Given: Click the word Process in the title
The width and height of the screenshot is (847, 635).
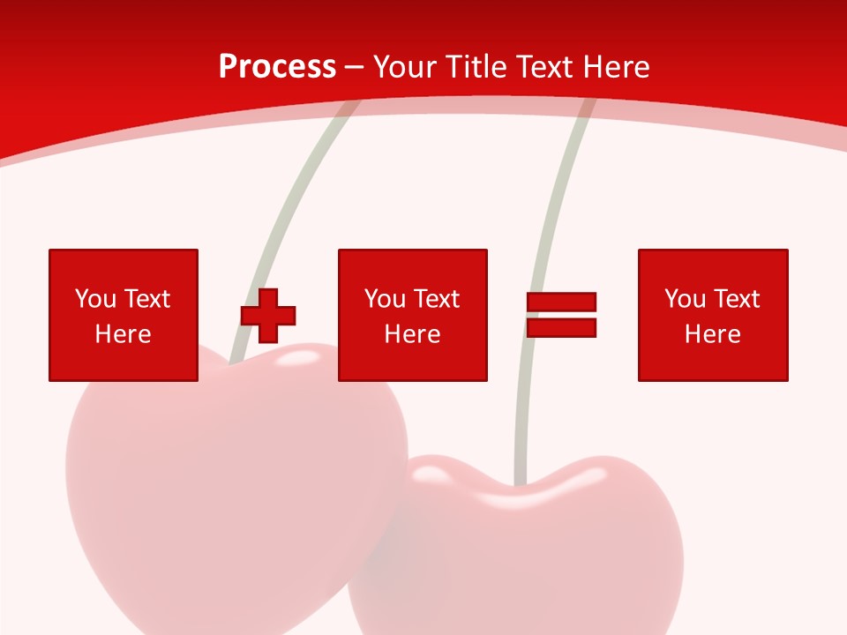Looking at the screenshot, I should point(277,67).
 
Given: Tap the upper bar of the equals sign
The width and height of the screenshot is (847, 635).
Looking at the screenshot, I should point(561,302).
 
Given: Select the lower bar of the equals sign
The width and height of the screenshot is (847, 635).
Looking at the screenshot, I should point(561,328).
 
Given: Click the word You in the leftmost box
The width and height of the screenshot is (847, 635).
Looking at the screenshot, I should point(95,299).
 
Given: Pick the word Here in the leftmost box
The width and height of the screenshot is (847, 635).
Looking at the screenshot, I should point(123,334).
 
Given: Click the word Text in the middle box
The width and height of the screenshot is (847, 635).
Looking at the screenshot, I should point(436,299).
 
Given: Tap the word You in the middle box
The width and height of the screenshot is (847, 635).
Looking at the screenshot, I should point(385,299).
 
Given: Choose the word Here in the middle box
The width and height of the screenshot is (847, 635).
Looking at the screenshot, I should point(412,334).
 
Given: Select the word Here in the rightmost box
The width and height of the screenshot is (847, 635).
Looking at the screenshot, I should point(712,334).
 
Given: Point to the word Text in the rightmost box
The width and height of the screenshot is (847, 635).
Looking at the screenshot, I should point(736,299).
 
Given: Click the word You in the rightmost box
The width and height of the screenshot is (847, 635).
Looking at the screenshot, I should point(685,299).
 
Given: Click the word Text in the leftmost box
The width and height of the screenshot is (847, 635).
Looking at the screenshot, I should point(146,299).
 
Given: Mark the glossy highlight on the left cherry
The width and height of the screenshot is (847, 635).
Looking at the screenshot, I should point(300,356).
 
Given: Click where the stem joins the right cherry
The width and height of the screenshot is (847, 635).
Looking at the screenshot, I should point(521,483).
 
